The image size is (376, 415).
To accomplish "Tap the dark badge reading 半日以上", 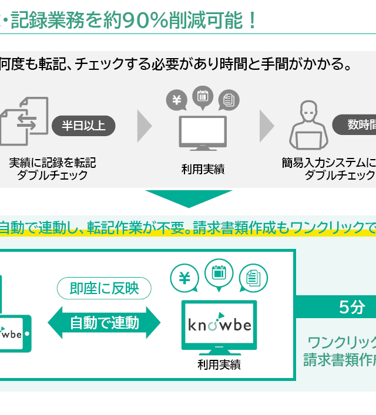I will coord(83,125).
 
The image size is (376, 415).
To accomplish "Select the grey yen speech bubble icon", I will coord(176,100).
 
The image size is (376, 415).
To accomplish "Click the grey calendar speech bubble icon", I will coord(202,96).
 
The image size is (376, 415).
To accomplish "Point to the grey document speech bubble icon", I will coord(229,100).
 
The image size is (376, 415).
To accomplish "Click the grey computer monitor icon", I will coord(202,133).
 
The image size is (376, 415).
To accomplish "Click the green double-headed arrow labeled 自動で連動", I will coord(104,322).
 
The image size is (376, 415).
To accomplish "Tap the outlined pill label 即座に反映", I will coord(104,288).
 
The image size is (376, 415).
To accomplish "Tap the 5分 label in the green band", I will coord(351,307).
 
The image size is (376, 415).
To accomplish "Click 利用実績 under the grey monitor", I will coord(203,170).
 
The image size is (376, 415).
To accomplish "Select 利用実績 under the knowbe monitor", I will coord(219,365).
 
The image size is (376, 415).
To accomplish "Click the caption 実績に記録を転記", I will coord(52,162).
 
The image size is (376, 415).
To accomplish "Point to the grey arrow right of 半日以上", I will coord(144,125).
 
